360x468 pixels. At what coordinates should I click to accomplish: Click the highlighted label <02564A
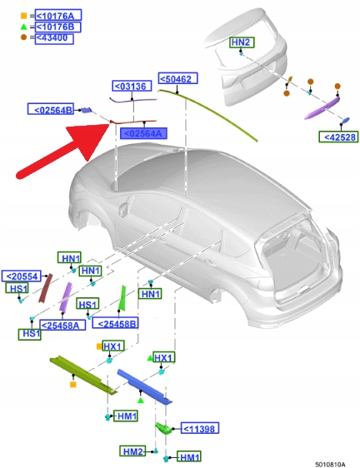click(143, 133)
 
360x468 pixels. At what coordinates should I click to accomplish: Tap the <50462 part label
click(177, 78)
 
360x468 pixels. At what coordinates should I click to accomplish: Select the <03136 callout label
click(132, 86)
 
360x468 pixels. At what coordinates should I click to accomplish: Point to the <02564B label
click(51, 109)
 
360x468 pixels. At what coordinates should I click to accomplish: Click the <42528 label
click(338, 137)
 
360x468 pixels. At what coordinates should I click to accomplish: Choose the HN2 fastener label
click(242, 42)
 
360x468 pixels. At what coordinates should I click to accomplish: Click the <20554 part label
click(22, 276)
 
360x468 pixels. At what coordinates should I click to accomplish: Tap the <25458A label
click(62, 325)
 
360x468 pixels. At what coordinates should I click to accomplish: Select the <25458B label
click(115, 323)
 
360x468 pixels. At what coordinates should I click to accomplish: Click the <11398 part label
click(200, 428)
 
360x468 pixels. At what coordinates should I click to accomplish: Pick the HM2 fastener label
click(133, 451)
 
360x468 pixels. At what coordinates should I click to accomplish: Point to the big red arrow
click(63, 151)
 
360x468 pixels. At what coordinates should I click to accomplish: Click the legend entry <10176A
click(58, 15)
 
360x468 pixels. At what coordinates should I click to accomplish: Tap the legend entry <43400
click(54, 38)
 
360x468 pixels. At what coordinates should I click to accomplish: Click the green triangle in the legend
click(23, 27)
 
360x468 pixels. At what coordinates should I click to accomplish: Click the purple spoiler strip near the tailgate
click(322, 108)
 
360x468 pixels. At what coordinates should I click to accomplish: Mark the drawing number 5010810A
click(331, 464)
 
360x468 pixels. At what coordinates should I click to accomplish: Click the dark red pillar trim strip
click(46, 288)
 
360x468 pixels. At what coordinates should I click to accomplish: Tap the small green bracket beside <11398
click(163, 428)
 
